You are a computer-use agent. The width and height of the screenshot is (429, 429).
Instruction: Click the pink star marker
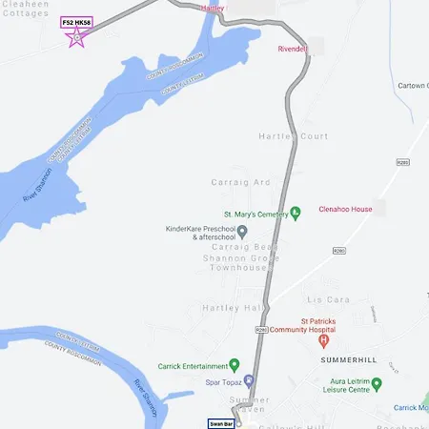[77, 38]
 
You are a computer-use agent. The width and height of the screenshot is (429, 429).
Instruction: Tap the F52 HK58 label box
[76, 22]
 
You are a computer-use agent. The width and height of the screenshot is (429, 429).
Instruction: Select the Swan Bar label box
[221, 422]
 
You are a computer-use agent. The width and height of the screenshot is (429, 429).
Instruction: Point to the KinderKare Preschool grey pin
[242, 231]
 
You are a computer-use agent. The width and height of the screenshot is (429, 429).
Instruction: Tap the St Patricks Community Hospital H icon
[323, 340]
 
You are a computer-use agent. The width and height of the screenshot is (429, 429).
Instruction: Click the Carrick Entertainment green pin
[235, 365]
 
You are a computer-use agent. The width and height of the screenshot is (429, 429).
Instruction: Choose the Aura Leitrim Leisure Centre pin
[377, 384]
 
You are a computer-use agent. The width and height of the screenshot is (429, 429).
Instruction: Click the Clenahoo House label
[345, 206]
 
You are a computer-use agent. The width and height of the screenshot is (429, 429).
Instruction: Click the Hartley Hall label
[231, 308]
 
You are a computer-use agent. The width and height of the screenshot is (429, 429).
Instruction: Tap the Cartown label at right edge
[413, 86]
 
